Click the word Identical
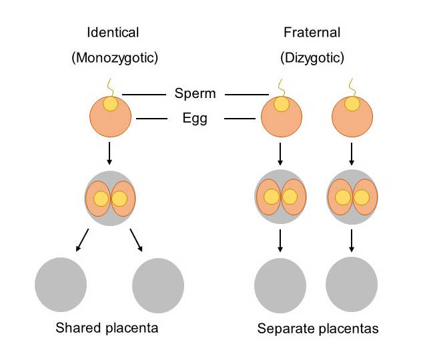pos(114,33)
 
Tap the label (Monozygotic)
pos(114,58)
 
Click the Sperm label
pos(195,94)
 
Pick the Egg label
pos(195,119)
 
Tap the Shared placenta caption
pos(107,328)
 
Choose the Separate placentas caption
pos(317,329)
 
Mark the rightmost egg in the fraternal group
pos(352,117)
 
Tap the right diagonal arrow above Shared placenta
pos(137,241)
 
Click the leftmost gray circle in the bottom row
pos(61,285)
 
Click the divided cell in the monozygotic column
pos(110,199)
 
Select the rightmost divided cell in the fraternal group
pos(352,197)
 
